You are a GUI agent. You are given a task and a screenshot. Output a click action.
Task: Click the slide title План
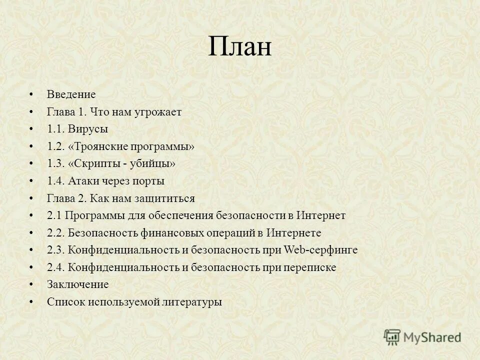point(239,48)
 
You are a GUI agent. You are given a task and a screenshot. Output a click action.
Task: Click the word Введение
point(71,94)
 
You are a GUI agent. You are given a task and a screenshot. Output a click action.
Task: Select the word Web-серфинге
point(320,250)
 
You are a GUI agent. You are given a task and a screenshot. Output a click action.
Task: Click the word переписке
point(310,267)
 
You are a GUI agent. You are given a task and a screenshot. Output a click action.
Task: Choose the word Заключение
point(77,284)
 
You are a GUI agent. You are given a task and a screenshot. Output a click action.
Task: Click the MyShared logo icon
point(392,336)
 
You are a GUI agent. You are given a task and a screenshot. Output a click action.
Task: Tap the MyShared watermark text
point(432,337)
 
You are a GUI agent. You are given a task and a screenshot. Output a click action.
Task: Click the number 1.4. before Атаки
point(56,181)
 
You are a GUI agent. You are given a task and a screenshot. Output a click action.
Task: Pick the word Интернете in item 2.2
point(293,233)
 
